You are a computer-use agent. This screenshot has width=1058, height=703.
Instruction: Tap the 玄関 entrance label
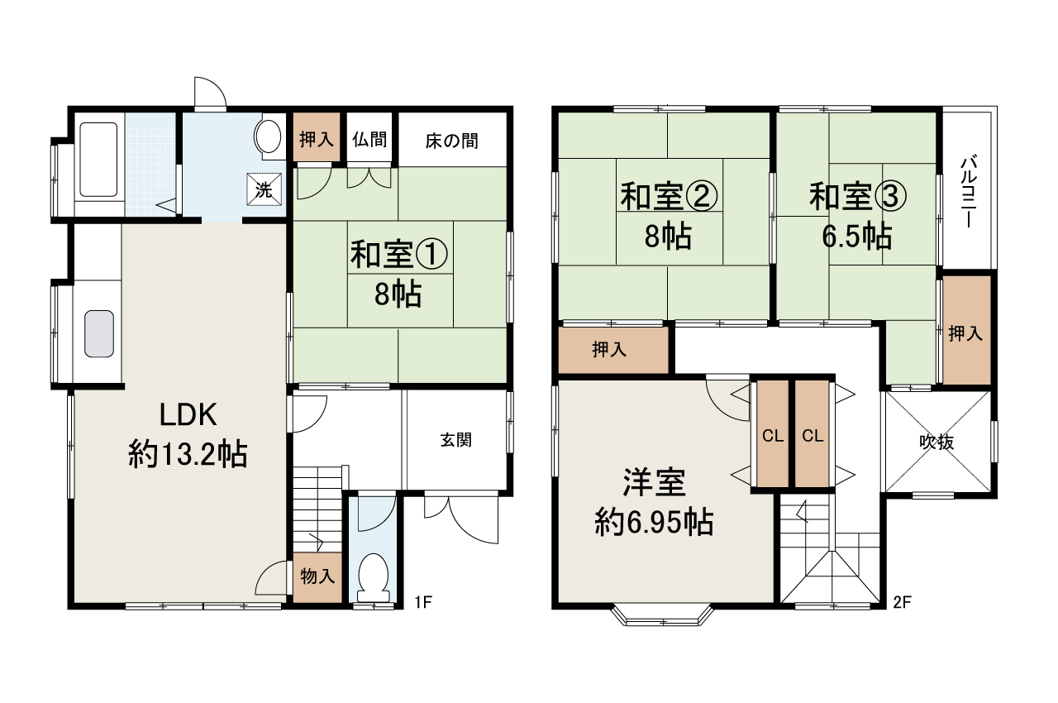coord(455,441)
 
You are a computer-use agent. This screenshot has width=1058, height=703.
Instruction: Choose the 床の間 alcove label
coord(451,141)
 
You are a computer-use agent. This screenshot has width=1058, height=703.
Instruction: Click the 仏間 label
coord(369,139)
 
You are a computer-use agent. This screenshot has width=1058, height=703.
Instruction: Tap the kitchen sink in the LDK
coord(98,333)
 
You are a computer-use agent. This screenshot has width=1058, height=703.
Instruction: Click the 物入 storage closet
coord(317,576)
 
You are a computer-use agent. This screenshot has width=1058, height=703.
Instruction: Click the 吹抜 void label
coord(937,442)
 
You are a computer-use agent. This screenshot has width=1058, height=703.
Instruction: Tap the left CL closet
coord(773,436)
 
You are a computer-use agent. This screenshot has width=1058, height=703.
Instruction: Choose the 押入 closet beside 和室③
coord(965,333)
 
